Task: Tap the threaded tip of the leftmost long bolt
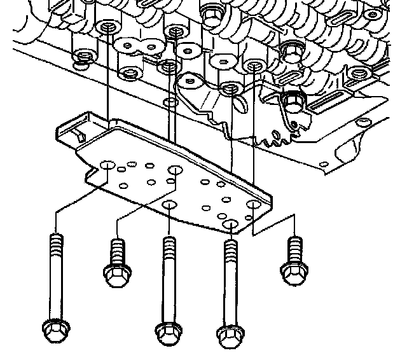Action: (55, 240)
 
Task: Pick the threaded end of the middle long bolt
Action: (169, 245)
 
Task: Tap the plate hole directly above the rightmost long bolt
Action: (230, 225)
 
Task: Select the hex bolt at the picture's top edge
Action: (212, 9)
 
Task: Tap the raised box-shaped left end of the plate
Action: (75, 130)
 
